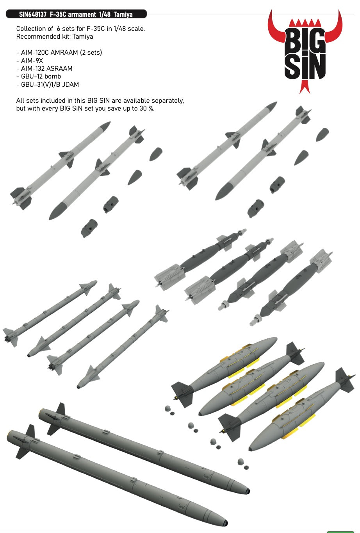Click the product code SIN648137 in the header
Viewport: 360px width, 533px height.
point(33,14)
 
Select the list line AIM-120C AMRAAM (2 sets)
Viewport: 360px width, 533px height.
point(59,52)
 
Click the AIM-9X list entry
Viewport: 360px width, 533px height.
point(30,61)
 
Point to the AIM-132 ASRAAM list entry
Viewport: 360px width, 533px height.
point(44,68)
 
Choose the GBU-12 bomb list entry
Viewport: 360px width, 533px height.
point(39,76)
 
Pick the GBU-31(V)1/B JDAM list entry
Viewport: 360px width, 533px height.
point(48,84)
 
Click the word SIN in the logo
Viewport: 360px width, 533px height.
point(305,66)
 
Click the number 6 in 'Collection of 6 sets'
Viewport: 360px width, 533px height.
point(59,29)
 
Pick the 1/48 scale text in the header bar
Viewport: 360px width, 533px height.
point(105,14)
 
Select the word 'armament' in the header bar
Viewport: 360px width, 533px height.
point(82,14)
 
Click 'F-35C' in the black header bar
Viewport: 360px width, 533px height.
point(58,14)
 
